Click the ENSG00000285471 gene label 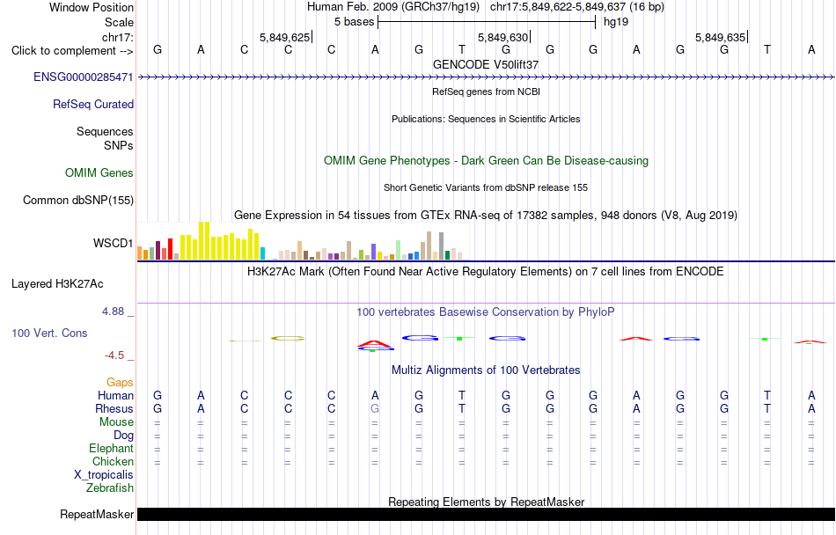[x=84, y=77]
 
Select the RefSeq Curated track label [x=93, y=105]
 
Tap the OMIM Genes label [x=99, y=173]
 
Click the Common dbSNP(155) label [x=78, y=201]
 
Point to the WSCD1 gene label [x=113, y=244]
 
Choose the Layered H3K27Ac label [x=57, y=284]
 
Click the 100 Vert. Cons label [x=49, y=333]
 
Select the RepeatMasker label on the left [x=97, y=514]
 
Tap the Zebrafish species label [x=110, y=488]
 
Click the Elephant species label [x=112, y=449]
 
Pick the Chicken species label [x=113, y=461]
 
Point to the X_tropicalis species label [x=104, y=475]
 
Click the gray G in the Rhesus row [x=375, y=408]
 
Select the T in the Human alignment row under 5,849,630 [x=462, y=395]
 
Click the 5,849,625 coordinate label [x=285, y=37]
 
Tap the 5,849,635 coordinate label [x=721, y=37]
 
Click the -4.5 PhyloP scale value [x=114, y=355]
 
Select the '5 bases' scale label [x=354, y=22]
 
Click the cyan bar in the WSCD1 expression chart [x=262, y=253]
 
